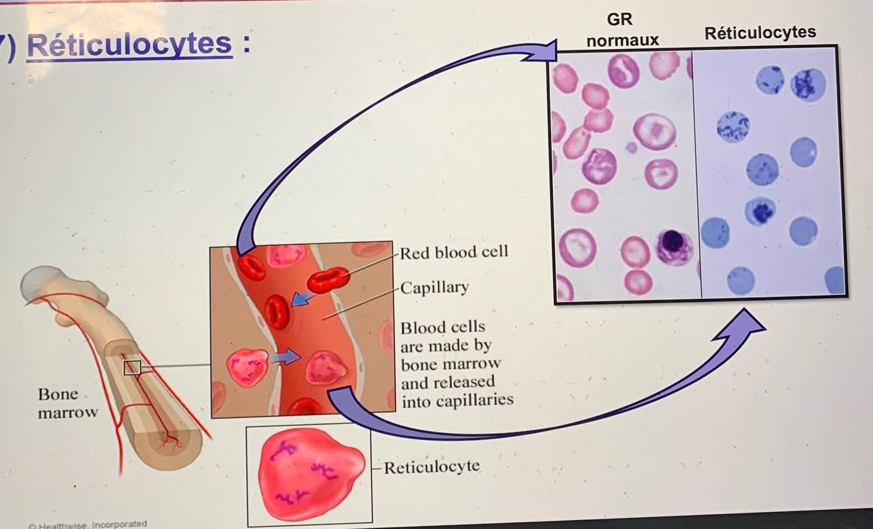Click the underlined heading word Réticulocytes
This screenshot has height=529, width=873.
(130, 44)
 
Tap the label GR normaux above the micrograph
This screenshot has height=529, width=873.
(622, 29)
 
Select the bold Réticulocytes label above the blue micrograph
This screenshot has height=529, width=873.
(760, 32)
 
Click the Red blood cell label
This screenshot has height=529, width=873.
(454, 252)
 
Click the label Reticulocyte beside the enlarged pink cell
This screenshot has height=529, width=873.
(431, 468)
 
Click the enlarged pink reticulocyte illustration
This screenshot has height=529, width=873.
(308, 473)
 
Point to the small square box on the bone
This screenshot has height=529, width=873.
(132, 367)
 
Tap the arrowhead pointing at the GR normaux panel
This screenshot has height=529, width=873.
(543, 52)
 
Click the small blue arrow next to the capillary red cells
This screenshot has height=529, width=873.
(301, 299)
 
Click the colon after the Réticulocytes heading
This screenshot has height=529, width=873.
(247, 46)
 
